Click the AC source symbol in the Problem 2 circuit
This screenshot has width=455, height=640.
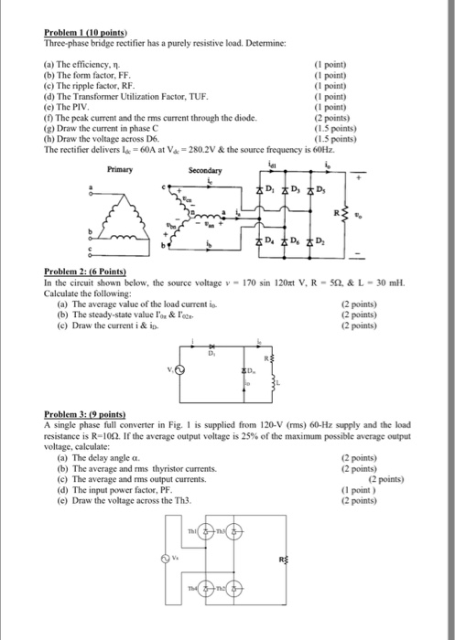(x=179, y=371)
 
